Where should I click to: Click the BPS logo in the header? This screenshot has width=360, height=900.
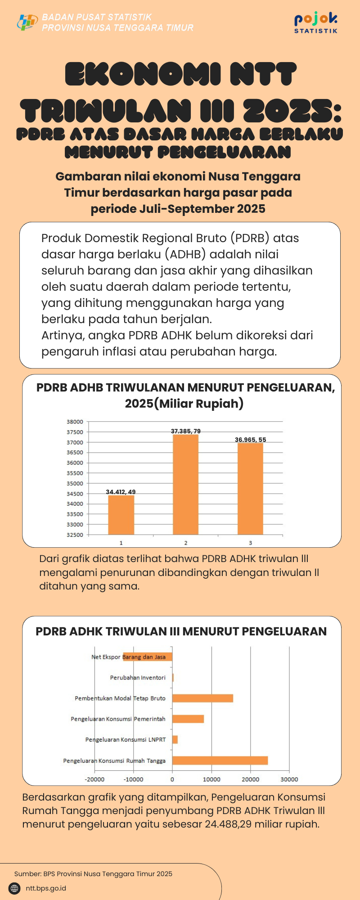pos(27,22)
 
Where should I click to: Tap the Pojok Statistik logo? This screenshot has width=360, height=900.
pos(316,22)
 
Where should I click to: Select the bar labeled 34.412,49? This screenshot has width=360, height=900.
pos(121,515)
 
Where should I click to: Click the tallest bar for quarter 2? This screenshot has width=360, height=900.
pos(185,484)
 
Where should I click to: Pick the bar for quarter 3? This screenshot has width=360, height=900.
pos(250,489)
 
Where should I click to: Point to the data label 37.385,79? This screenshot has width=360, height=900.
pos(185,431)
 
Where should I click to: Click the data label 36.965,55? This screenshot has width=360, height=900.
pos(250,440)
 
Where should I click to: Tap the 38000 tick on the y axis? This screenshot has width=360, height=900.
pos(75,422)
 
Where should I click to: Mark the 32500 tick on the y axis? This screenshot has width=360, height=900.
pos(75,535)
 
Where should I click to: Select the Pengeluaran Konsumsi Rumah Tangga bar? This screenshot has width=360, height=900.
pos(220,760)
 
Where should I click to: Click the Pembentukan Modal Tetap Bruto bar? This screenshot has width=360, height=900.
pos(202,698)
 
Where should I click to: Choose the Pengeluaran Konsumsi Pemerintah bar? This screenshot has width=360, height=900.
pos(188,719)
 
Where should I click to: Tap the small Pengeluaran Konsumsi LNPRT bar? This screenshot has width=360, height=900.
pos(175,740)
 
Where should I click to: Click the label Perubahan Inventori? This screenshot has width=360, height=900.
pos(138,678)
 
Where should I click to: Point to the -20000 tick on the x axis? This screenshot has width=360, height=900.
pos(94,779)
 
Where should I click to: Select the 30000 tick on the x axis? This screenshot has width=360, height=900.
pos(289,779)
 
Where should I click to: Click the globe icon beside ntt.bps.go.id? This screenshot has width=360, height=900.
pos(15,888)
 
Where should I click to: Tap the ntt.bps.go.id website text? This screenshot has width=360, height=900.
pos(46,888)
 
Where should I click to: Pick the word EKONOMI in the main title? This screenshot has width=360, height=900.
pos(143,74)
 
